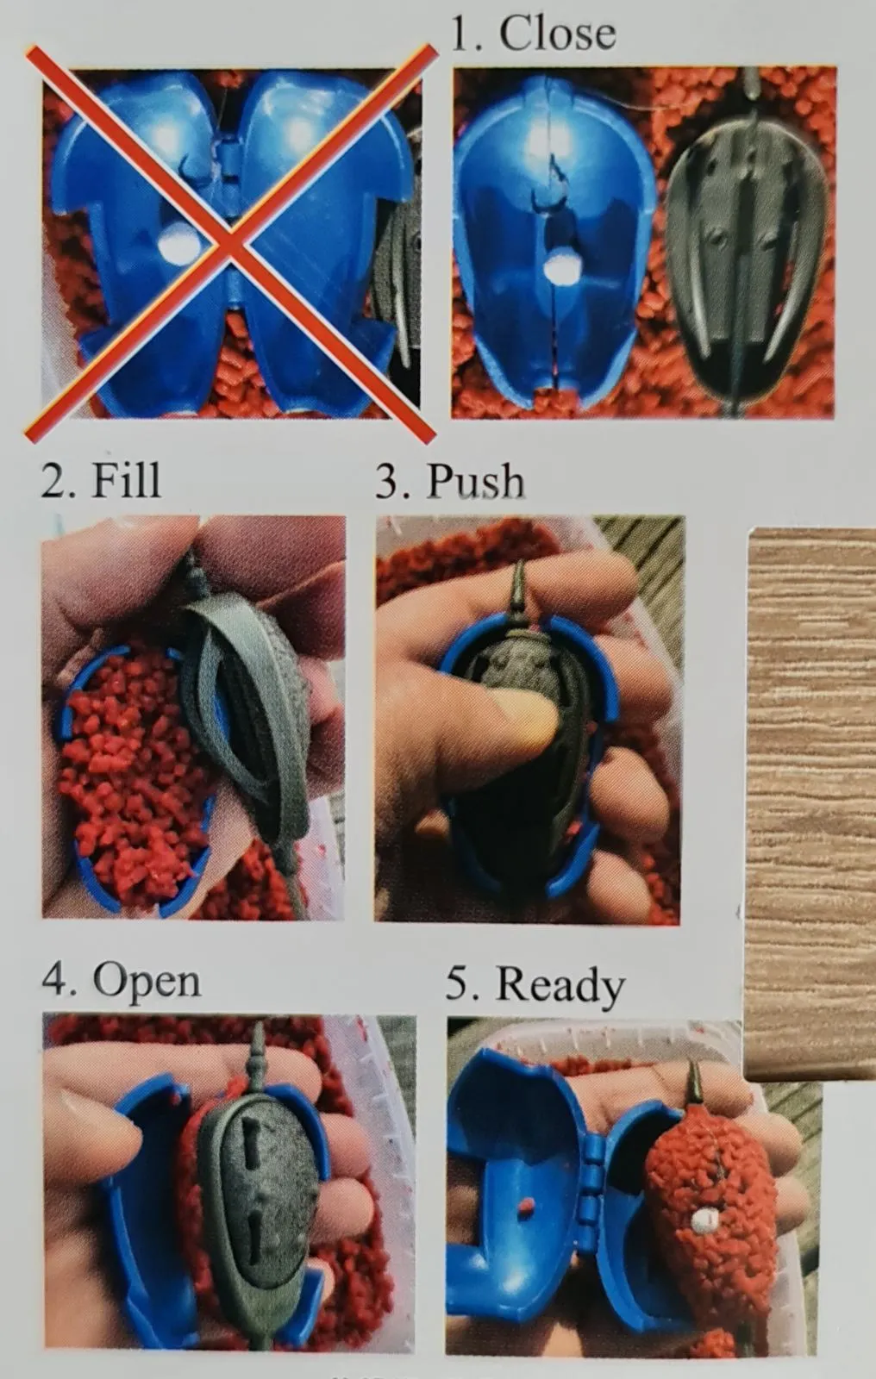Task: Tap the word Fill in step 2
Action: click(126, 479)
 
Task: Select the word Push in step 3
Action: click(475, 479)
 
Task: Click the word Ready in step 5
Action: click(560, 983)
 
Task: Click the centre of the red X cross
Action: click(230, 245)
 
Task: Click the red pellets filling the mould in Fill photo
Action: click(125, 776)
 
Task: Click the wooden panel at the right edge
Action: click(809, 776)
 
